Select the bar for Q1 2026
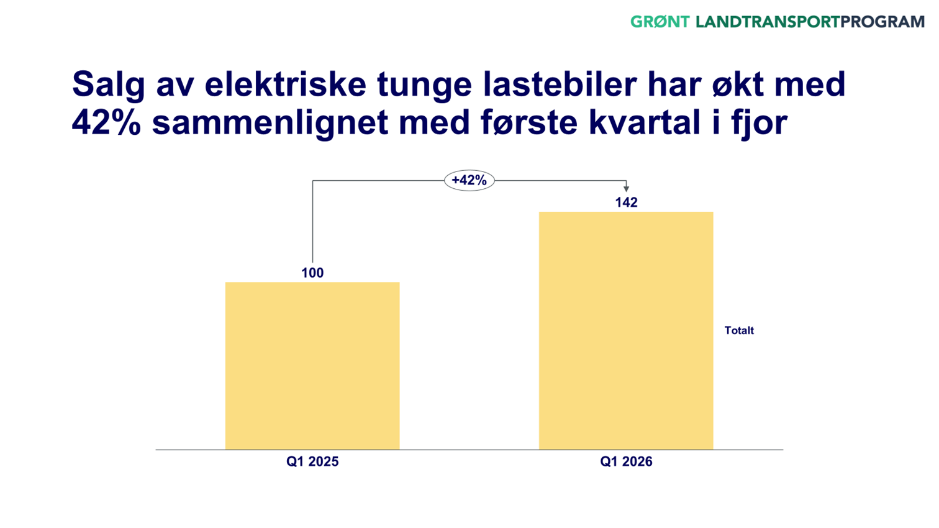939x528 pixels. point(626,330)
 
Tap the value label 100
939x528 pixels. point(312,273)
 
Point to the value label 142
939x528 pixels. point(626,203)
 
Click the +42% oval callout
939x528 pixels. point(469,180)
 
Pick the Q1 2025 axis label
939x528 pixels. point(312,462)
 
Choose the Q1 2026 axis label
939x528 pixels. point(626,462)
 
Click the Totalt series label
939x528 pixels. point(739,330)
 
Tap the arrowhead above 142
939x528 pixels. point(626,188)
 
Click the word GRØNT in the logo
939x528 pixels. point(660,22)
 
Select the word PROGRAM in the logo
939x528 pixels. point(882,22)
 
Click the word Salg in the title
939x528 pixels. point(109,85)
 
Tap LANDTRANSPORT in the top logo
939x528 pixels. point(768,22)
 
